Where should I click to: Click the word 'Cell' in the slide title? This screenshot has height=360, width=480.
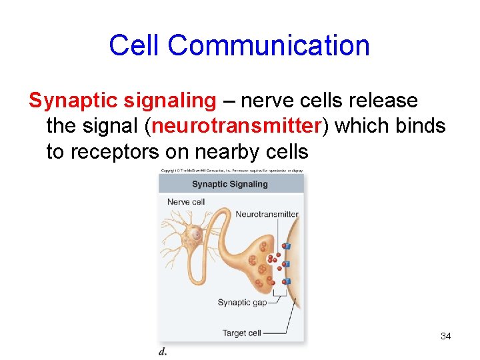pos(135,45)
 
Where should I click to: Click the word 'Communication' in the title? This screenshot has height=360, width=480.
pos(269,45)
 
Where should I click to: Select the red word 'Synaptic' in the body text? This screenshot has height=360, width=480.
pos(71,101)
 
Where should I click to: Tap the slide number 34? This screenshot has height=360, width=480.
pos(445,336)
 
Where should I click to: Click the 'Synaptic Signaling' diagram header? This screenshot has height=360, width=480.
pos(229,184)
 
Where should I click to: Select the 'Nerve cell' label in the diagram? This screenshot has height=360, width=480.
pos(186,201)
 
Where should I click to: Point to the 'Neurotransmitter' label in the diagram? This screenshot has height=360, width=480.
pos(267,215)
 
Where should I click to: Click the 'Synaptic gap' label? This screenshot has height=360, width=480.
pos(242,303)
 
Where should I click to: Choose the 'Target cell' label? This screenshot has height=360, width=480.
pos(242,333)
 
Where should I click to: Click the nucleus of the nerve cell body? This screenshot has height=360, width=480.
pos(197,234)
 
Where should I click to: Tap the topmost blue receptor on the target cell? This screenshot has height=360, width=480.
pos(287,246)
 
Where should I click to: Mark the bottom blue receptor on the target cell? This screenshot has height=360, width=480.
pos(287,281)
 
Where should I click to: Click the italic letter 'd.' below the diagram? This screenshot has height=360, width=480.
pos(163,351)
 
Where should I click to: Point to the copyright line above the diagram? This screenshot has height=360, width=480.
pos(231,171)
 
